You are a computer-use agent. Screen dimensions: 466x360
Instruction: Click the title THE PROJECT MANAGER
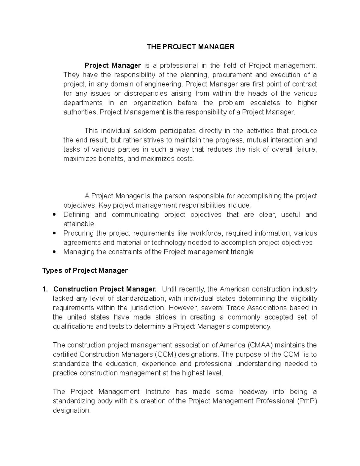coord(190,47)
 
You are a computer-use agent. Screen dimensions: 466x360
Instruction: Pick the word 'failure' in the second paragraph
coord(306,149)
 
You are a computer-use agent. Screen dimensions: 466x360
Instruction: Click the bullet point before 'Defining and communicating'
coord(54,215)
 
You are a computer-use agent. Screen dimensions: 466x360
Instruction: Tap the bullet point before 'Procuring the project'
coord(54,233)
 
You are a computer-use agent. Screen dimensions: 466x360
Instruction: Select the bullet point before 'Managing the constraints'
coord(54,252)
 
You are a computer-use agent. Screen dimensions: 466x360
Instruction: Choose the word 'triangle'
coord(241,252)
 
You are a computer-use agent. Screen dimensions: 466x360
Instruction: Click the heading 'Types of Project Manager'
coord(85,271)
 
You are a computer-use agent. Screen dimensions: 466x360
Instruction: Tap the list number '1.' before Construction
coord(45,289)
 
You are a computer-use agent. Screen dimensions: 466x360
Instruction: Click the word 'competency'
coord(254,326)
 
